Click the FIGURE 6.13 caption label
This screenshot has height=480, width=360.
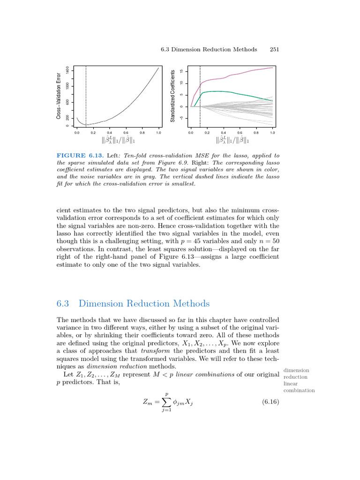coord(77,155)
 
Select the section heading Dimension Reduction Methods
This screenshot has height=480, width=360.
coord(144,303)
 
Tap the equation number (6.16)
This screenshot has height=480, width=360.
coord(270,402)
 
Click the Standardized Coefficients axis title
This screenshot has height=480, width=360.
coord(172,96)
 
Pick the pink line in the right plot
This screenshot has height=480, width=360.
coord(234,74)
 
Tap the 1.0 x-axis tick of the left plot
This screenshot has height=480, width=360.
coord(158,133)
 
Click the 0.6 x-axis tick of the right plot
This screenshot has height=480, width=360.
coord(240,133)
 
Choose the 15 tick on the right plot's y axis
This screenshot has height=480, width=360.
coord(182,71)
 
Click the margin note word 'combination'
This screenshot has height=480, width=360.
coord(299,390)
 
